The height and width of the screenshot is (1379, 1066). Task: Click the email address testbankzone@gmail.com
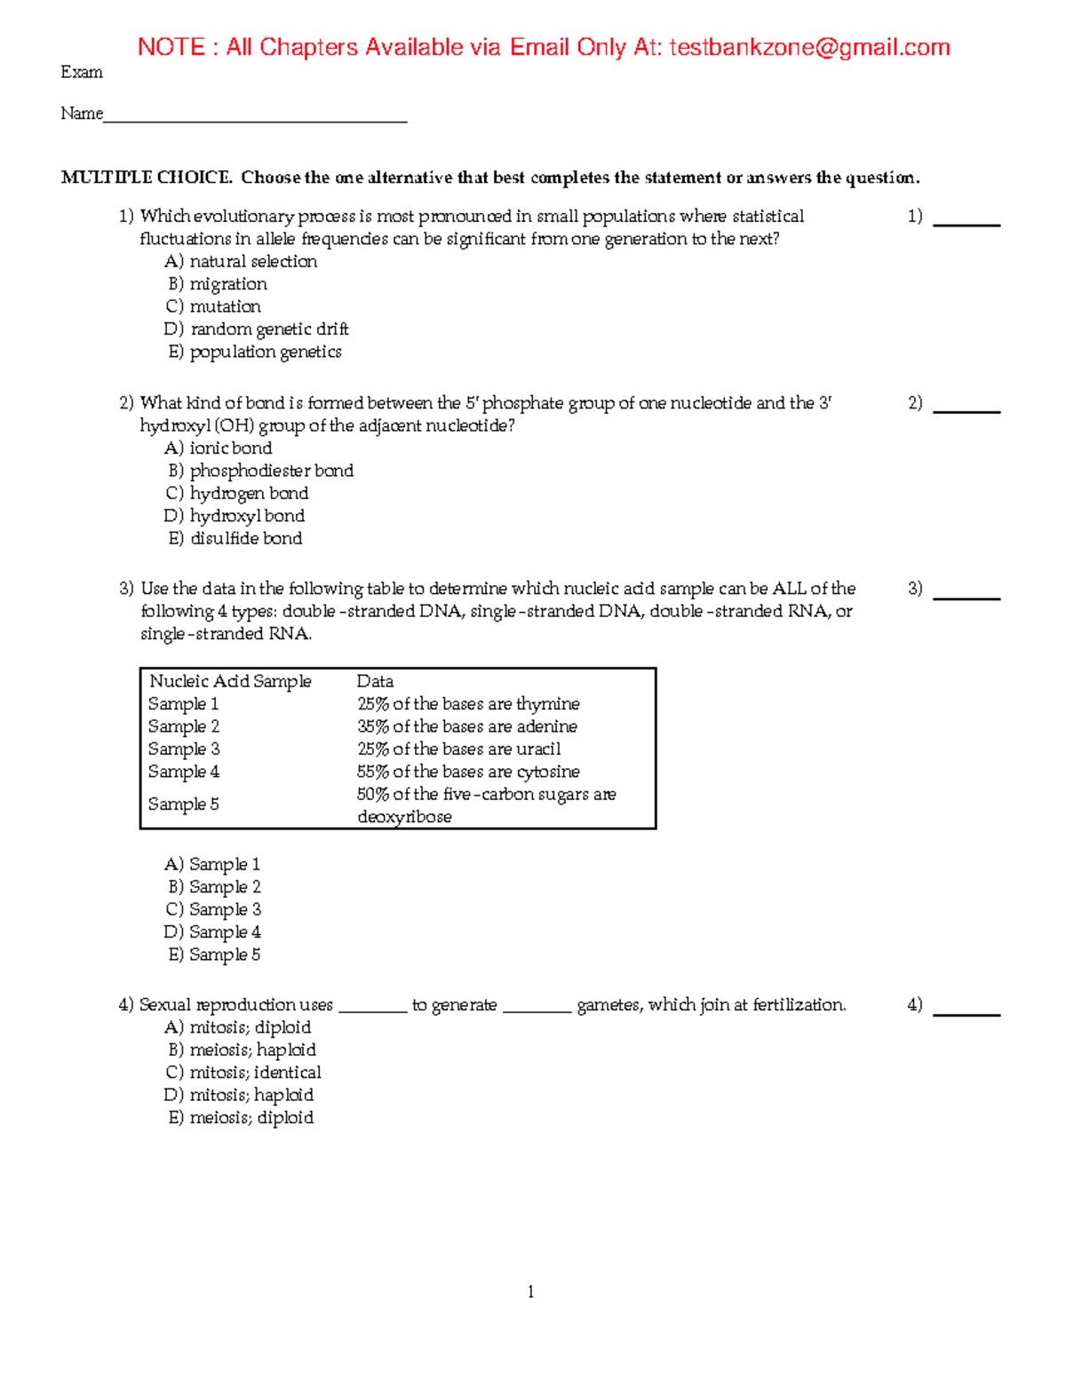point(809,47)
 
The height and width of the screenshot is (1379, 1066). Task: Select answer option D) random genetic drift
point(257,329)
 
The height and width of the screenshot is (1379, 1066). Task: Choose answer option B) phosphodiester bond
point(261,471)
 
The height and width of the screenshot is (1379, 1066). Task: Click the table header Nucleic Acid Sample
point(230,681)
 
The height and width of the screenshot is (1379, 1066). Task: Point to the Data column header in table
point(375,681)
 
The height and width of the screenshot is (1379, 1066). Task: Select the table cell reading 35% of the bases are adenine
point(467,726)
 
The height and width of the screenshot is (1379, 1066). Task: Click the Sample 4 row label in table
point(184,772)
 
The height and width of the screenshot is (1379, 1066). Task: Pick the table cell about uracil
point(459,749)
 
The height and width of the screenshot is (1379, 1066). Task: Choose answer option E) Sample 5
point(214,955)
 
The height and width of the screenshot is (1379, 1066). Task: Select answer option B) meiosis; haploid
point(242,1050)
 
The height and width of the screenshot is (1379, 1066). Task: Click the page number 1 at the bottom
point(531,1292)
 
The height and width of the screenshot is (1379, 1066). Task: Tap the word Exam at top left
point(82,73)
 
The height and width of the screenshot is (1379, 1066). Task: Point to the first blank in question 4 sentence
point(372,1006)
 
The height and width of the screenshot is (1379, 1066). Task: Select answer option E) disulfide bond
point(235,538)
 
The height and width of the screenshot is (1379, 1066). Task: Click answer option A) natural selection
point(241,261)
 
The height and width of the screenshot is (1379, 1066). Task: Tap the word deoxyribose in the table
point(404,817)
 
